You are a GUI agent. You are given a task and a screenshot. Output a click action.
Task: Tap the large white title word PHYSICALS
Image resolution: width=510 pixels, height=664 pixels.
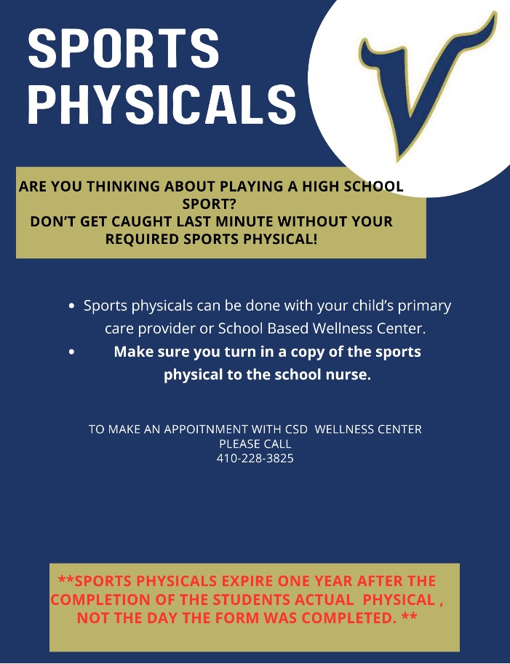(x=162, y=104)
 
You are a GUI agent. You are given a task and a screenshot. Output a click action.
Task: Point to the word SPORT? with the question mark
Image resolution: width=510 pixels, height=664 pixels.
(x=210, y=204)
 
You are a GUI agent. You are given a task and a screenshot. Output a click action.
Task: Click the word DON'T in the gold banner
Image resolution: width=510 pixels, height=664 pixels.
(x=52, y=221)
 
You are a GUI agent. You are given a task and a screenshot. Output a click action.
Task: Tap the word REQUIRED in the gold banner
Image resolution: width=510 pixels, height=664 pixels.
(x=145, y=239)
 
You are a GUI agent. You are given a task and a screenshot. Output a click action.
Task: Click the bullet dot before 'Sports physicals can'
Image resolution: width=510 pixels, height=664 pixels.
(x=72, y=307)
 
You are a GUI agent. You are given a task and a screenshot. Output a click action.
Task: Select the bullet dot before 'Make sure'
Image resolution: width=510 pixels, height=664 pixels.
(x=72, y=352)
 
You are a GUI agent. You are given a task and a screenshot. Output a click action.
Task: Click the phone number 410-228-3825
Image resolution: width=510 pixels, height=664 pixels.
(x=255, y=459)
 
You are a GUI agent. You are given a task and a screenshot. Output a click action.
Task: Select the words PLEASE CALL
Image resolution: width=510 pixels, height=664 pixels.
(x=255, y=444)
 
